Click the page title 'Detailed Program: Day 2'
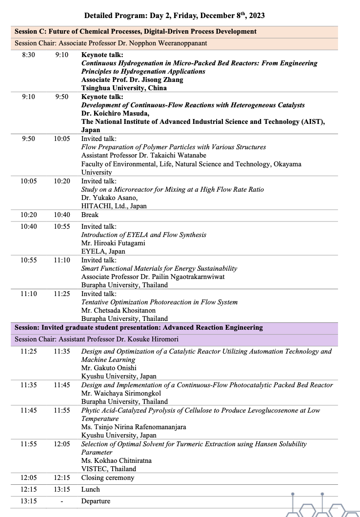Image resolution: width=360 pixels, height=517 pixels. click(x=174, y=16)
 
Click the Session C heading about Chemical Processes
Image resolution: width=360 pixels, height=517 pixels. click(x=135, y=31)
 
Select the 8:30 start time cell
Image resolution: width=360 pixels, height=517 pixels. click(x=29, y=55)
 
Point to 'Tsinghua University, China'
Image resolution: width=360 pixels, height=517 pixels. click(x=124, y=88)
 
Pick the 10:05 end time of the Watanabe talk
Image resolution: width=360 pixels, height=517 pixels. click(x=62, y=139)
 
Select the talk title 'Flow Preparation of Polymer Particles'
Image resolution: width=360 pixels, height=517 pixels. click(x=174, y=147)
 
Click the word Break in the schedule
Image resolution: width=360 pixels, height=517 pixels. click(x=90, y=215)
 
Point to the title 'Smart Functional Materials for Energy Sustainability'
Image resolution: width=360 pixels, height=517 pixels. click(x=159, y=268)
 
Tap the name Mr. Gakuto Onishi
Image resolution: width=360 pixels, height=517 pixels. click(x=109, y=368)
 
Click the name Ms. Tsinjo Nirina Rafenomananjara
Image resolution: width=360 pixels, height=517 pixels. click(x=133, y=427)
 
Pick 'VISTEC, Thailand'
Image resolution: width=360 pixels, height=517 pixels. click(x=109, y=469)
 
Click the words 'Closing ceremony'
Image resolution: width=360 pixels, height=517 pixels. click(x=107, y=478)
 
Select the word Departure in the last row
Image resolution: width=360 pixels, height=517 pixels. click(x=96, y=501)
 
